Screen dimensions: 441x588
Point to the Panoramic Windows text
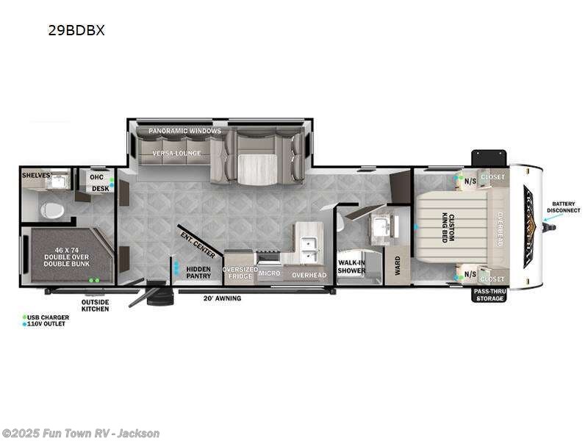coord(184,131)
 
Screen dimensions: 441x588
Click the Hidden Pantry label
coord(198,272)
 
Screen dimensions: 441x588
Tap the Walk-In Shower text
coord(351,266)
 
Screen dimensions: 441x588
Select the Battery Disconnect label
coord(564,207)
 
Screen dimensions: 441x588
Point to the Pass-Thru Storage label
coord(489,295)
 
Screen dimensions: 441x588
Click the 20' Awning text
coord(221,298)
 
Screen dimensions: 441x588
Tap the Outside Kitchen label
coord(96,305)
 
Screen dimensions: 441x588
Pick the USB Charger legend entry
coord(49,318)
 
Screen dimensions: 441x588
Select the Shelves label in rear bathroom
coord(35,175)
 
